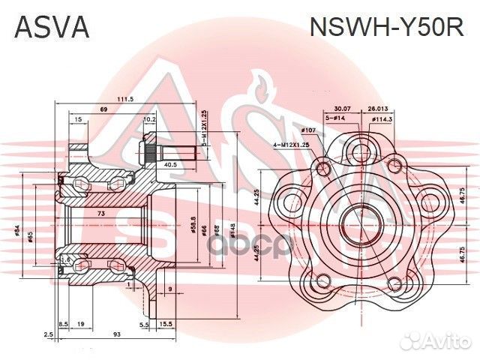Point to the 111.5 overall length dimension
point(125,99)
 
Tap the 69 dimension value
point(103,111)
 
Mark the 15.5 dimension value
point(166,323)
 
